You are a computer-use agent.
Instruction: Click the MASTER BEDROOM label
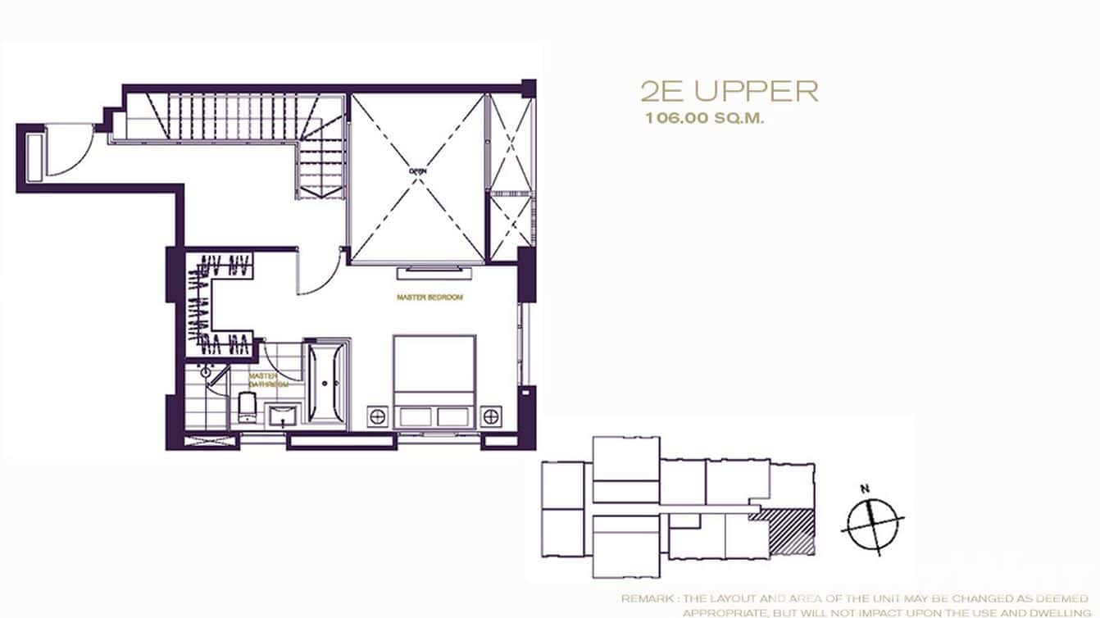click(430, 297)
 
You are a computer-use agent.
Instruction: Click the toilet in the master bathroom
click(246, 408)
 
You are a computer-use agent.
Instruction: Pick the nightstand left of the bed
click(377, 416)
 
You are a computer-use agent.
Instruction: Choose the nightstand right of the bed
click(490, 416)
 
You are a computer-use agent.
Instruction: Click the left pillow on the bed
click(414, 416)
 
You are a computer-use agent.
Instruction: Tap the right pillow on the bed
click(455, 416)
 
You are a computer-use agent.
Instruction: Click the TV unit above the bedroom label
click(434, 271)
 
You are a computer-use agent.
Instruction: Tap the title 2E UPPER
click(729, 91)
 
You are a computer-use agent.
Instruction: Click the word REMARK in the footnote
click(644, 599)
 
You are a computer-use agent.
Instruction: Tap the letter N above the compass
click(864, 488)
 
